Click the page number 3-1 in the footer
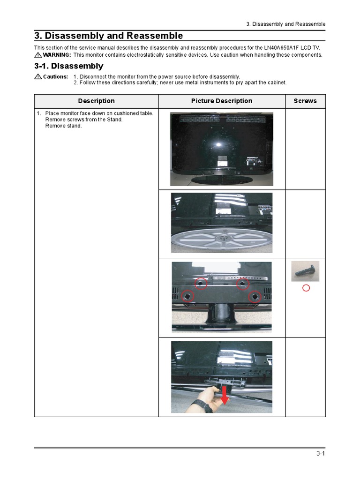[x=321, y=453]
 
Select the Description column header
[x=96, y=101]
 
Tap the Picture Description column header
[x=222, y=101]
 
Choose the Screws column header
[x=305, y=101]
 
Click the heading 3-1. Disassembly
[x=69, y=66]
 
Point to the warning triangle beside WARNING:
[x=38, y=55]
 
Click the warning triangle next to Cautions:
[x=38, y=76]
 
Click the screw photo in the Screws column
[x=305, y=271]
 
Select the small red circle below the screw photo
[x=306, y=288]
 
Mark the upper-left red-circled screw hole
[x=201, y=284]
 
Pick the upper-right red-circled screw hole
[x=243, y=284]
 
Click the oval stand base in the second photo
[x=221, y=238]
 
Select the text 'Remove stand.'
[x=63, y=126]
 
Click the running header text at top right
[x=285, y=24]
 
